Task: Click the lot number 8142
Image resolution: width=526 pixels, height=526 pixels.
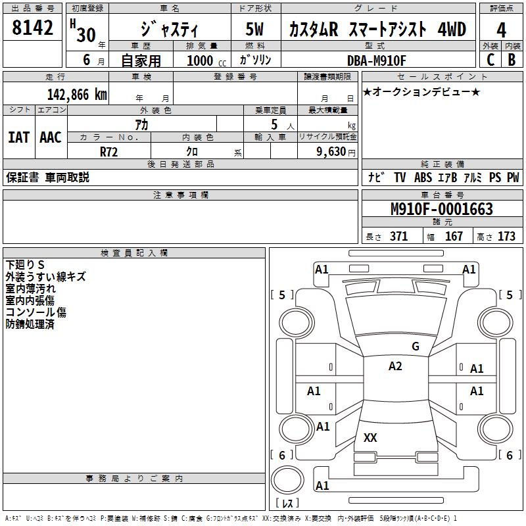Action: pyautogui.click(x=32, y=28)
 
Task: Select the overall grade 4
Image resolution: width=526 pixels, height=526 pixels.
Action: pyautogui.click(x=501, y=30)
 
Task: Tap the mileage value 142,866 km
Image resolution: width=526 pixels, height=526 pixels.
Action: pyautogui.click(x=77, y=95)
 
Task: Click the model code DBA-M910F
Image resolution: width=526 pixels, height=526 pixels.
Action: pyautogui.click(x=376, y=60)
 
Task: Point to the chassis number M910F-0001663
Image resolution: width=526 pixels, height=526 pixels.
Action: pyautogui.click(x=442, y=209)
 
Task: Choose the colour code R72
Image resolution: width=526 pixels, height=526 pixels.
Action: pyautogui.click(x=108, y=152)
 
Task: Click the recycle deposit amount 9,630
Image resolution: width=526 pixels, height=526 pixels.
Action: pyautogui.click(x=331, y=152)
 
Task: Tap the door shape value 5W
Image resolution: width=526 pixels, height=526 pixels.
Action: pyautogui.click(x=254, y=29)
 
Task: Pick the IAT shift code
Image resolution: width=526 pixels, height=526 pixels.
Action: pyautogui.click(x=18, y=137)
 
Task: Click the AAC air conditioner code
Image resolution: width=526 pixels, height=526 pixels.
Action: pyautogui.click(x=51, y=137)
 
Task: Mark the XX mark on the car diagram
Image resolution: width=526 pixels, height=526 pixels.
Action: pyautogui.click(x=370, y=437)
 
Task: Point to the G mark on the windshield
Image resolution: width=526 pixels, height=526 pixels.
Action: pyautogui.click(x=416, y=347)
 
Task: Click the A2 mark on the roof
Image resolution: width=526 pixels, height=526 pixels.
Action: pyautogui.click(x=395, y=366)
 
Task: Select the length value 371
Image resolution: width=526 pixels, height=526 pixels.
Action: pyautogui.click(x=399, y=237)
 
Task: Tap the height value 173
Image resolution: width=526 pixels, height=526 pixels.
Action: pyautogui.click(x=506, y=237)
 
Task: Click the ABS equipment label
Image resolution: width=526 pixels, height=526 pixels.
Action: pyautogui.click(x=423, y=178)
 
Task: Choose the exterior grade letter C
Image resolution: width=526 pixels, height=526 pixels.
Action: pyautogui.click(x=490, y=60)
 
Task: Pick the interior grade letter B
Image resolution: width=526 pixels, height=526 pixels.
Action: pyautogui.click(x=512, y=60)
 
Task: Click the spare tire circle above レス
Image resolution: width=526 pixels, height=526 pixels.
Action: pyautogui.click(x=287, y=466)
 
